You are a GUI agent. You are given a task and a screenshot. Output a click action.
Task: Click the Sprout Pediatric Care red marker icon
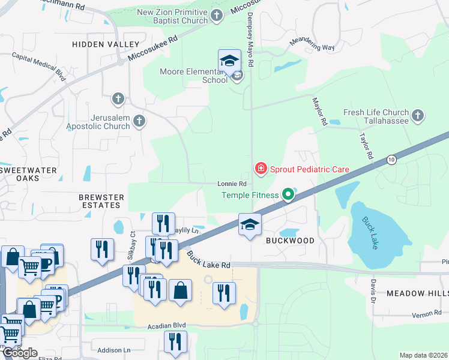[261, 169]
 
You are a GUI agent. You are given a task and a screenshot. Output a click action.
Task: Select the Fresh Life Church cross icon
[418, 115]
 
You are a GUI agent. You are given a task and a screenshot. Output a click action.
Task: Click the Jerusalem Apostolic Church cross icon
[139, 121]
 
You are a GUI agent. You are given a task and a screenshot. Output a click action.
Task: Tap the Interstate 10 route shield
[391, 160]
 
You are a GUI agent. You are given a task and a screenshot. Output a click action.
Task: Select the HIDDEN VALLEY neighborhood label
[106, 44]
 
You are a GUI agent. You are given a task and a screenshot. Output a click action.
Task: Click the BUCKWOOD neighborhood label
[290, 241]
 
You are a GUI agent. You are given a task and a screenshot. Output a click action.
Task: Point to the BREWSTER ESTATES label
[101, 201]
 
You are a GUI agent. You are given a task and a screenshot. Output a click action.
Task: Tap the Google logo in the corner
[20, 353]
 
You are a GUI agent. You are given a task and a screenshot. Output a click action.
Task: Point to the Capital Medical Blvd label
[40, 65]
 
